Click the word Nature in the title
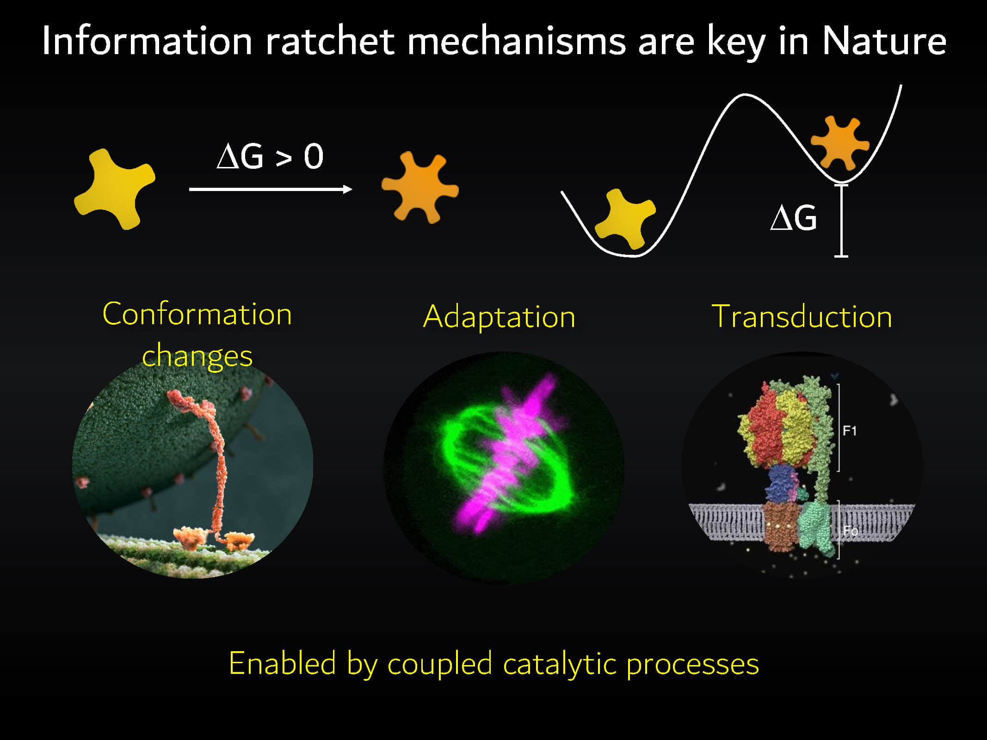[883, 41]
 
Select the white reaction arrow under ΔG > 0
[271, 189]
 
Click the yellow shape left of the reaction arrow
[115, 189]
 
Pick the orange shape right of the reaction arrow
[420, 187]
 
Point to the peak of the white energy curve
[745, 95]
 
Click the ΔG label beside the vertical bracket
[794, 217]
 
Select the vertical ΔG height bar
[841, 221]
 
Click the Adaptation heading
[499, 317]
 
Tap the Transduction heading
[802, 317]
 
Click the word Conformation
[197, 314]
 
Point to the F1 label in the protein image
[850, 431]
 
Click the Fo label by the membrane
[850, 530]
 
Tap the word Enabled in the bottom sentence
[282, 663]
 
